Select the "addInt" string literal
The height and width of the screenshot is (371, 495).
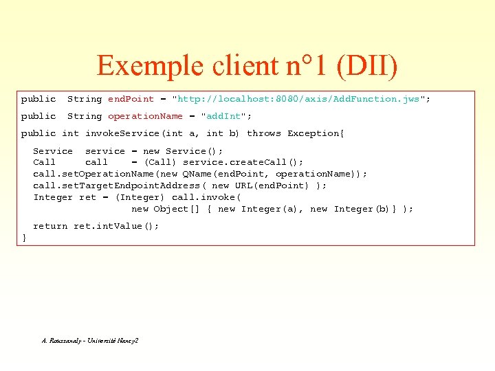[x=226, y=116]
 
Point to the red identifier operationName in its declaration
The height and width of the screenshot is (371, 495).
[x=145, y=116]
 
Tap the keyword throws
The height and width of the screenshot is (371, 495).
[x=263, y=133]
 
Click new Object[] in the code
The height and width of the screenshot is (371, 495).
[x=160, y=209]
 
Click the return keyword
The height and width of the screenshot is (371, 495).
[x=50, y=226]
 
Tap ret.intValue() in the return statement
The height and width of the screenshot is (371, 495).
[x=116, y=226]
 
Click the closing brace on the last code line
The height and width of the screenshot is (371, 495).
[x=25, y=238]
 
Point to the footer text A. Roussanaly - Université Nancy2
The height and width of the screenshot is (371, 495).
[x=90, y=341]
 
